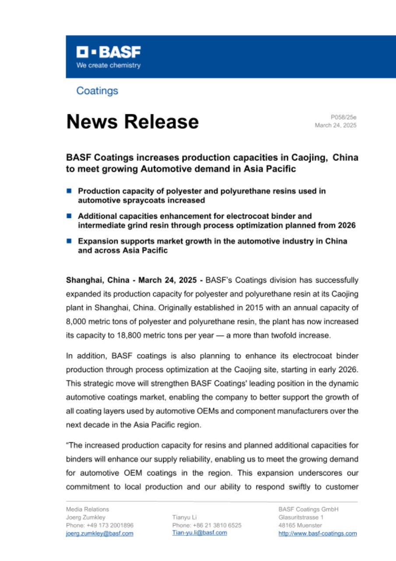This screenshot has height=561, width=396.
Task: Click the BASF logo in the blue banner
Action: pos(109,53)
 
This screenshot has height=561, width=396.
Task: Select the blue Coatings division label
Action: pos(97,91)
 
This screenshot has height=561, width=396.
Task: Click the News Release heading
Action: pos(132,121)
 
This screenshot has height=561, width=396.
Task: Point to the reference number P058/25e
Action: pos(343,117)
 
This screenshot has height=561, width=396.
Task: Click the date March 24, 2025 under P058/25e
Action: pos(336,125)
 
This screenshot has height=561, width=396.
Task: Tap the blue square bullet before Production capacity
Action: pos(69,191)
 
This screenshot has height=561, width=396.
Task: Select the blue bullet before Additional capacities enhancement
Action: pos(69,216)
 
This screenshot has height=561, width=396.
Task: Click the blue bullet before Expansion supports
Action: pos(69,241)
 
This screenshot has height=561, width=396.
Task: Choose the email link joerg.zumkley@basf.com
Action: pos(99,533)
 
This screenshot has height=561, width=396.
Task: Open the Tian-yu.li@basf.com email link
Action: pos(200,533)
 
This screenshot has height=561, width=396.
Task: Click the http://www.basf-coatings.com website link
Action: pos(317,533)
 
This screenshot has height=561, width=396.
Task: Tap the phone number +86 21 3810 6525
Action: pos(217,525)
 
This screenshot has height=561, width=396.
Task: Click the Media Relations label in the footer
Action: pos(88,509)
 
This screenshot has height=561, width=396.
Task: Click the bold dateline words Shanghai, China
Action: pos(98,280)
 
